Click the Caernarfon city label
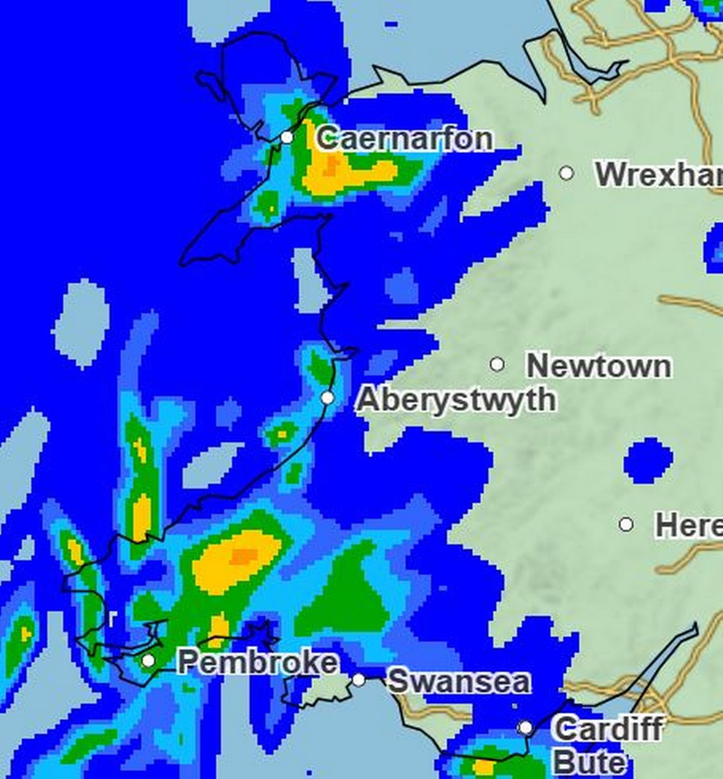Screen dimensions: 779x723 tap(404, 139)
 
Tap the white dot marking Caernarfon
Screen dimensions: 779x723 tap(287, 137)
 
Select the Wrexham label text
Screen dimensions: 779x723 tap(659, 174)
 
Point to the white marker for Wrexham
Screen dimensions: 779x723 tap(566, 173)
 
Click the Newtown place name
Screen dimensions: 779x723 tap(598, 366)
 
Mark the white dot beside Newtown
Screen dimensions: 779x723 tap(497, 364)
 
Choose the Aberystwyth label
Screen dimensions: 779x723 tap(456, 399)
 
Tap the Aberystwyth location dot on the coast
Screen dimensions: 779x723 tap(327, 398)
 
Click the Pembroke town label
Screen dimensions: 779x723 tap(258, 663)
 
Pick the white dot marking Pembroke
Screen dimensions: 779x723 tap(148, 661)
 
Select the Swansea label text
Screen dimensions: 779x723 tap(459, 681)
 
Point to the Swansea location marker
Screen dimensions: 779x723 tap(358, 680)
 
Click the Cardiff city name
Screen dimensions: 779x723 tap(607, 730)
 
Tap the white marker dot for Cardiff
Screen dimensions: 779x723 tap(525, 728)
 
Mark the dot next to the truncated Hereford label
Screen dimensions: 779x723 tap(627, 524)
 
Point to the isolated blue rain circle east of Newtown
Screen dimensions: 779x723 tap(648, 460)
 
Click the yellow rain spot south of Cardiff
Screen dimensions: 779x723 tap(483, 767)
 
